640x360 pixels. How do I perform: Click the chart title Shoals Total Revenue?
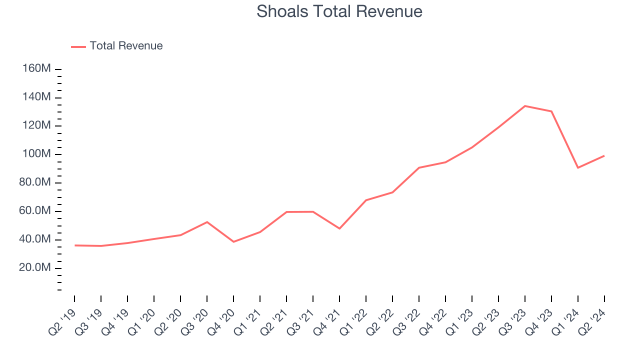pos(339,11)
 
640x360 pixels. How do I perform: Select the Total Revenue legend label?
pos(126,46)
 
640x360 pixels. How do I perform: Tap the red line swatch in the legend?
pos(78,46)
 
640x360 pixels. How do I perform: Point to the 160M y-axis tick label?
pos(37,68)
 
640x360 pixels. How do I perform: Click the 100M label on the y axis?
pos(37,154)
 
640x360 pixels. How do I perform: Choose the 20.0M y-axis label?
pos(34,268)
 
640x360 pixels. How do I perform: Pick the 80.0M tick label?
pos(34,182)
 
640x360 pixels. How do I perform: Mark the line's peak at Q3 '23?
pos(525,106)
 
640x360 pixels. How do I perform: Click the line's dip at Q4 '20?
pos(233,242)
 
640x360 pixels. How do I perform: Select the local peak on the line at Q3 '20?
pos(207,222)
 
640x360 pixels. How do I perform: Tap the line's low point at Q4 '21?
pos(339,228)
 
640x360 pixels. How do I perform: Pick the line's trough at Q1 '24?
pos(578,167)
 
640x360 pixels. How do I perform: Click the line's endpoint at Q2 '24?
pos(604,156)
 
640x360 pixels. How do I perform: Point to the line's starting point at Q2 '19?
pos(74,245)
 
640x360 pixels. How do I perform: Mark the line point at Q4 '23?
pos(551,111)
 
